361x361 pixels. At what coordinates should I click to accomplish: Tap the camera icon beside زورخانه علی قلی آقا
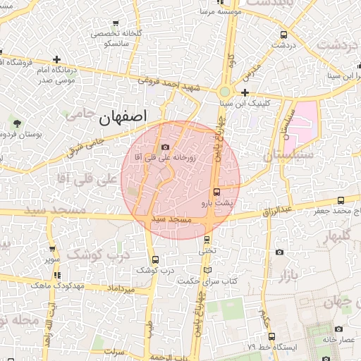(x=165, y=147)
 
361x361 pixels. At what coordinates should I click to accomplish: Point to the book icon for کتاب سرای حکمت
(x=206, y=269)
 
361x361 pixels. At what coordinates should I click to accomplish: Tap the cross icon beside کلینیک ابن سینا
(x=245, y=92)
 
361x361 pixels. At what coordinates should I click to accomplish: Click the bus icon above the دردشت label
(x=283, y=35)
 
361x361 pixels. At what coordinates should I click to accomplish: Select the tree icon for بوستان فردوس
(x=16, y=124)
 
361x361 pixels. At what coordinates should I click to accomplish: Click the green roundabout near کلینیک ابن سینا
(x=225, y=91)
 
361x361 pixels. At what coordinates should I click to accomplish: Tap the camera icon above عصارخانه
(x=338, y=329)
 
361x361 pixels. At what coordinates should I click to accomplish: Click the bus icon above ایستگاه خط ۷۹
(x=272, y=337)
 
